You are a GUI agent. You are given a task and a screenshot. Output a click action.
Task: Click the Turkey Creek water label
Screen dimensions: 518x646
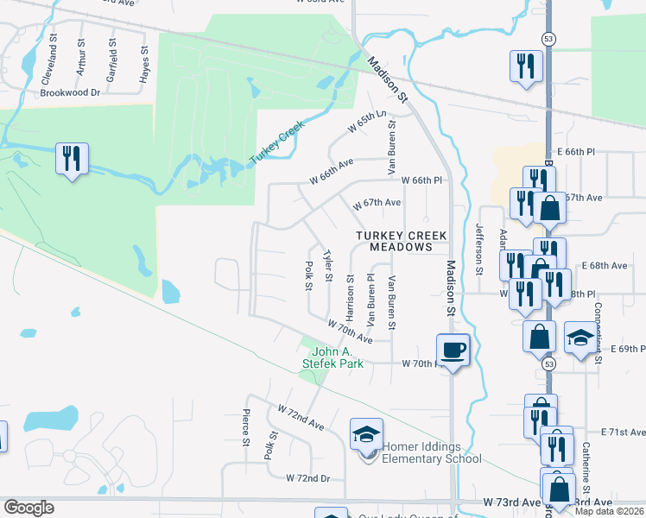pyautogui.click(x=278, y=143)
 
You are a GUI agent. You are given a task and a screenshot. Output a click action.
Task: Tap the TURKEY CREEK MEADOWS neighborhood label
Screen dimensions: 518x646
pyautogui.click(x=396, y=241)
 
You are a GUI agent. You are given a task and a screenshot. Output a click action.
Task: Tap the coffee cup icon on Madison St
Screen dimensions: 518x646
pyautogui.click(x=453, y=350)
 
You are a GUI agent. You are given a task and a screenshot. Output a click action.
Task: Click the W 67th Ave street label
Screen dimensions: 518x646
pyautogui.click(x=377, y=203)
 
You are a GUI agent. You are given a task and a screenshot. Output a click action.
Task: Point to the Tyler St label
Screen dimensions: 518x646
pyautogui.click(x=327, y=266)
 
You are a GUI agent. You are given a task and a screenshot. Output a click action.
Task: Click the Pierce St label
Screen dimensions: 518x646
pyautogui.click(x=247, y=427)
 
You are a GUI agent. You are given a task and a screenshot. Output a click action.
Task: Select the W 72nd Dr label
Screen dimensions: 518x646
pyautogui.click(x=308, y=477)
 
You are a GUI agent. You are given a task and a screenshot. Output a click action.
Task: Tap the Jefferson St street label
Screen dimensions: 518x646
pyautogui.click(x=479, y=250)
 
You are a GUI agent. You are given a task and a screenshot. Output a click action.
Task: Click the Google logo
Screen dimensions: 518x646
pyautogui.click(x=28, y=508)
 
